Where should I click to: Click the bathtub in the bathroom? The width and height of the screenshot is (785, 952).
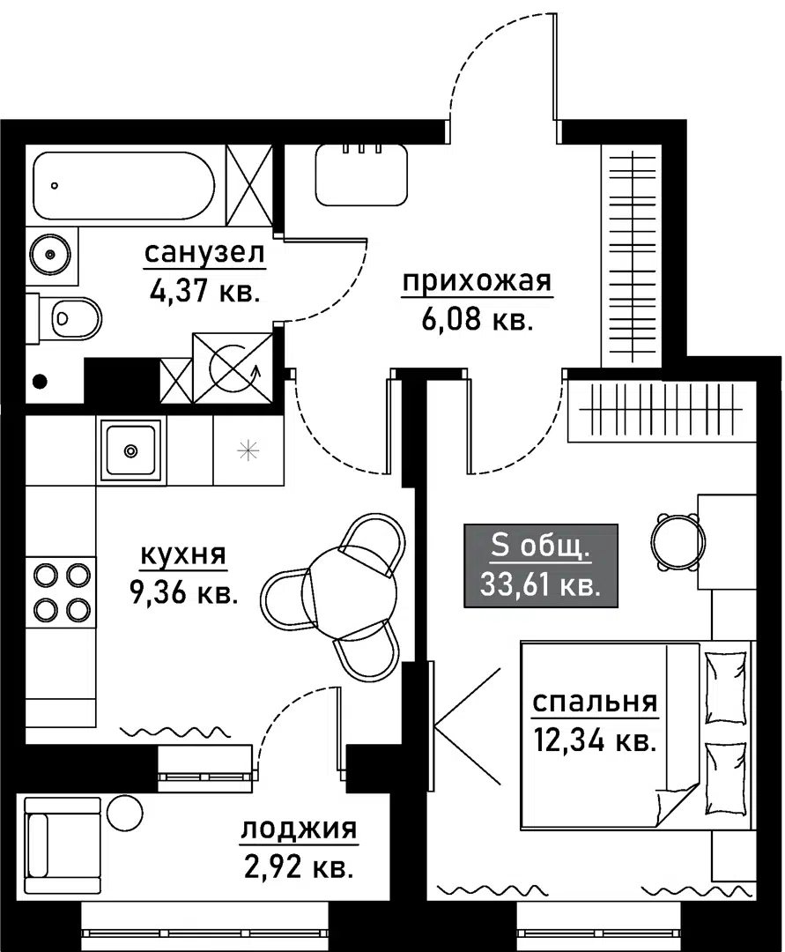tap(123, 188)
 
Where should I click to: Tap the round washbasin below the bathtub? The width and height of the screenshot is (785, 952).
tap(51, 255)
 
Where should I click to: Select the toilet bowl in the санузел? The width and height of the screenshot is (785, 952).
tap(74, 316)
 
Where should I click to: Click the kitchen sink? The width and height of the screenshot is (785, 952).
tap(131, 450)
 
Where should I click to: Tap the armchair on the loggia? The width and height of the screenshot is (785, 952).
tap(62, 838)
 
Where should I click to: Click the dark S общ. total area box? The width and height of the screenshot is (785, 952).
tap(541, 565)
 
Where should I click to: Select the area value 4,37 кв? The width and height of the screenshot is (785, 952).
tap(204, 290)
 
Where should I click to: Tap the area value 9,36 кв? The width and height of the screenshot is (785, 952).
tap(183, 593)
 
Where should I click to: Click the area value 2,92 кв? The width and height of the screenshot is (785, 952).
tap(297, 867)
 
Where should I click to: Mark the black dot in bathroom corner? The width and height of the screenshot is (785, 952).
tap(39, 382)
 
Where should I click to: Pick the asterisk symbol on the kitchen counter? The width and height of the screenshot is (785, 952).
tap(249, 450)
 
